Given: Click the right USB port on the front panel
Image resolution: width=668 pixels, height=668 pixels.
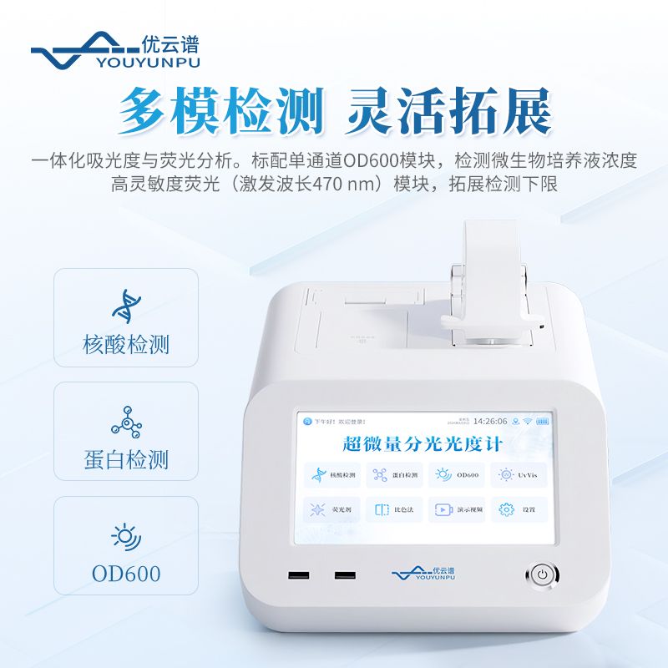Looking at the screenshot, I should (342, 575).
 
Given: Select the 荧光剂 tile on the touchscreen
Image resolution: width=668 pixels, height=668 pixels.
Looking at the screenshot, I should (331, 509).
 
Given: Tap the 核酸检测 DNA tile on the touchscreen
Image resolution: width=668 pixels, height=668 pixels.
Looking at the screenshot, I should (331, 474).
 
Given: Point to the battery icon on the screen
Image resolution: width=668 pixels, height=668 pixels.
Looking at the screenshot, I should (544, 421).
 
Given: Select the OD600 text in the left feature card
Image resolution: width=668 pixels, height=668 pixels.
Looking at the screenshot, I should (127, 573).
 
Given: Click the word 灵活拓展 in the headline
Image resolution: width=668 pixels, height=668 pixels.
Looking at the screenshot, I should (448, 111).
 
